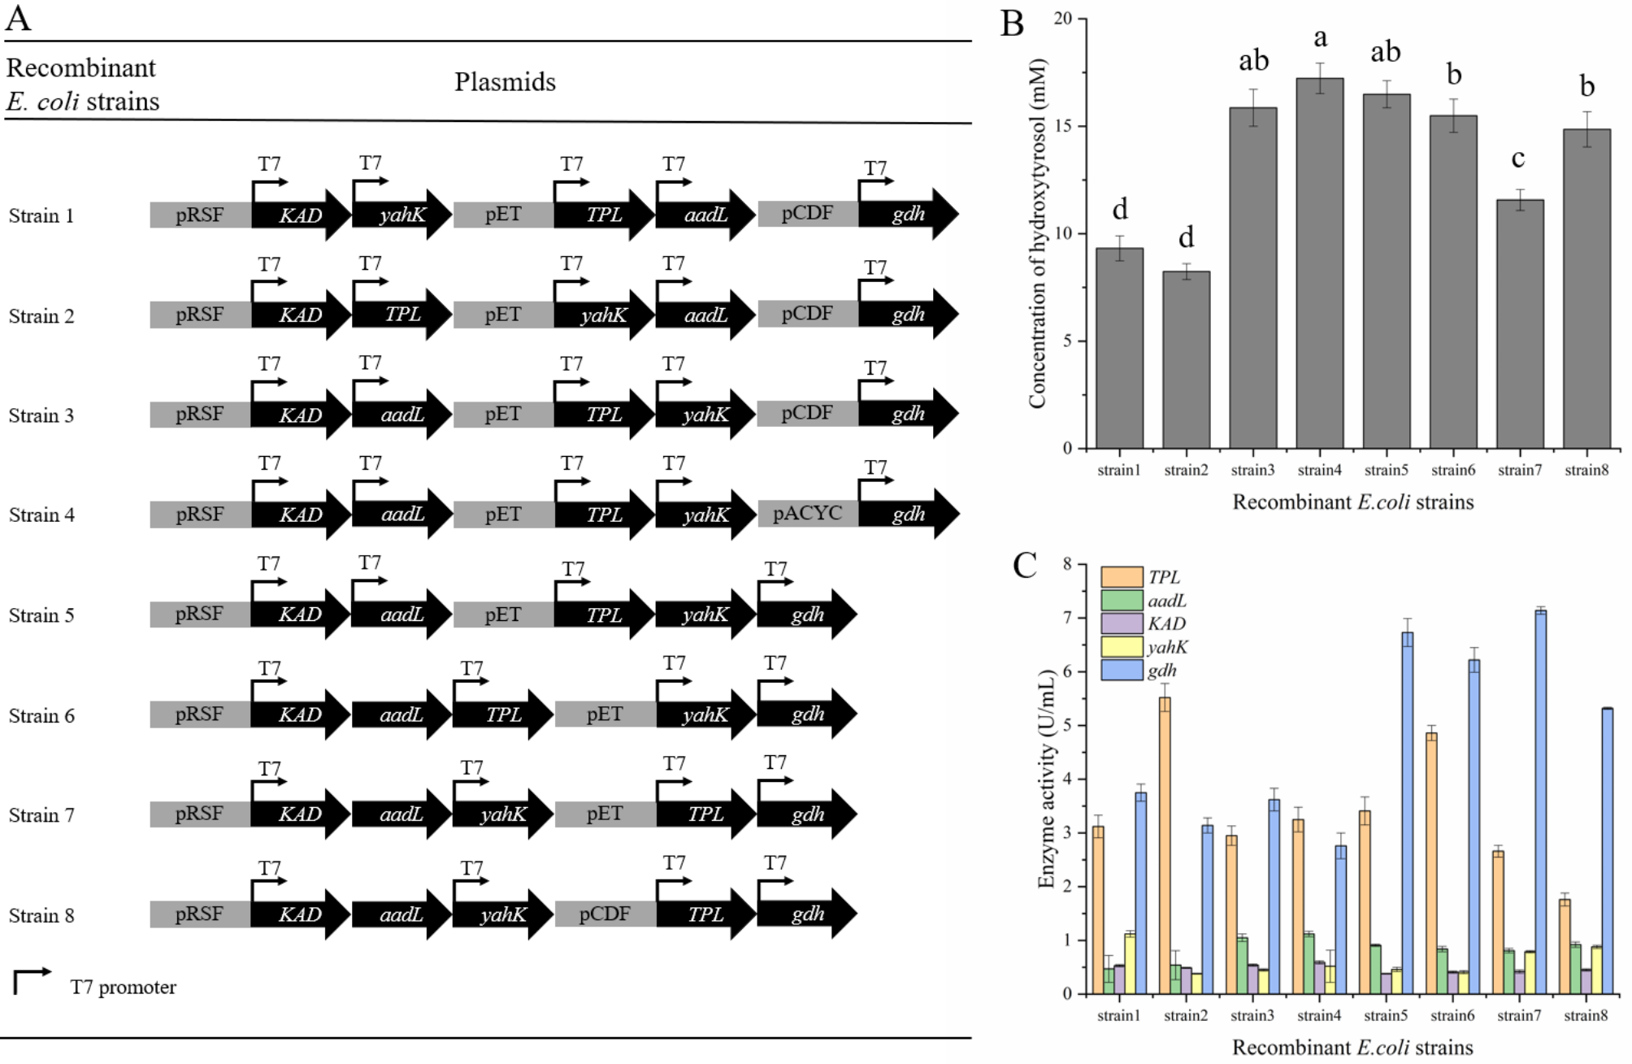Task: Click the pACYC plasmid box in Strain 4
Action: click(x=807, y=514)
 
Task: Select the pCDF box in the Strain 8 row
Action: click(x=605, y=914)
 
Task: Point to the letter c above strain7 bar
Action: click(x=1518, y=159)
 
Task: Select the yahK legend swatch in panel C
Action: click(x=1122, y=647)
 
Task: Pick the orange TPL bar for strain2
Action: click(x=1165, y=845)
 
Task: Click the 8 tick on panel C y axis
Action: click(x=1067, y=564)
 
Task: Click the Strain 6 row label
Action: click(x=41, y=715)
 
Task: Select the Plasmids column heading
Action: click(x=505, y=82)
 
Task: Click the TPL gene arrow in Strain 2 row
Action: click(x=401, y=314)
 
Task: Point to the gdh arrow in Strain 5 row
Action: click(x=806, y=615)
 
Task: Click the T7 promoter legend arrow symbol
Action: click(x=31, y=980)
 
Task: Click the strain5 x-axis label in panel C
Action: click(x=1385, y=1015)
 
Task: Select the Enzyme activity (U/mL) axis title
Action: click(x=1046, y=778)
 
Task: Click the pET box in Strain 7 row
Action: click(x=605, y=814)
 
